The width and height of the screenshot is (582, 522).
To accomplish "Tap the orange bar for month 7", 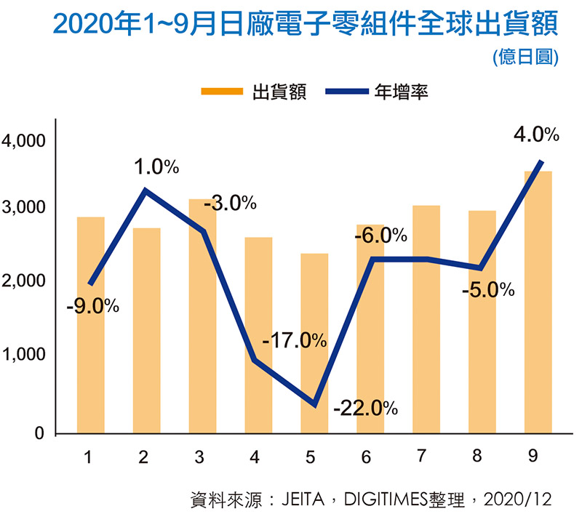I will tap(426, 320).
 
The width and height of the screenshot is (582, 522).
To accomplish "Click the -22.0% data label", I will tap(365, 407).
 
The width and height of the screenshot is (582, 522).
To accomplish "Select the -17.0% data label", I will tap(294, 340).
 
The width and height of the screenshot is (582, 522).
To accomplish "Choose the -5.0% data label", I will tap(488, 289).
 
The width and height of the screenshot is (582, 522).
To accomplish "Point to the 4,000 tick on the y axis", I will tap(23, 140).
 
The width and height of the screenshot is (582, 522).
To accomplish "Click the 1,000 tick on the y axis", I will tap(23, 356).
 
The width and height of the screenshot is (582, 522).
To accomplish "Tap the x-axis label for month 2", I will tap(143, 457).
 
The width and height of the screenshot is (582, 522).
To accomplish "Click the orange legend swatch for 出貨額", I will tap(222, 92).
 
